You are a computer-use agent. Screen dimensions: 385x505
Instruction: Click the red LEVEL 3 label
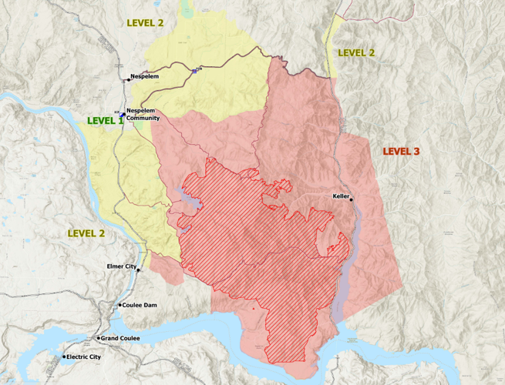401,152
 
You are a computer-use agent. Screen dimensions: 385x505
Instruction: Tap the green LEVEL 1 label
105,121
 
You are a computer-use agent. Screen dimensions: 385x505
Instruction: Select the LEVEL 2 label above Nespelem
145,23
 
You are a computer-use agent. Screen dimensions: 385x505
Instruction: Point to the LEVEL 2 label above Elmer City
86,233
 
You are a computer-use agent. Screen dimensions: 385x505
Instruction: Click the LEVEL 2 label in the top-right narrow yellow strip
356,52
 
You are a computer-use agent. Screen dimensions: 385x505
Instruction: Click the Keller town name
342,196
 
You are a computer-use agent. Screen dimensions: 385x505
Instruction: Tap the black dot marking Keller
352,199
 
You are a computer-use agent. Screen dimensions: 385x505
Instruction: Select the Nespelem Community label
143,115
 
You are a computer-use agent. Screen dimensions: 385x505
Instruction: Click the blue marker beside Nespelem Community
122,114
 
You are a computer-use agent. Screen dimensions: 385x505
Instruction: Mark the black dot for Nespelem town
128,79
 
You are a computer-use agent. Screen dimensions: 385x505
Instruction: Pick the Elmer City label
120,266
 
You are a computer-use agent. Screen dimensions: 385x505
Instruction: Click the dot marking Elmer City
139,270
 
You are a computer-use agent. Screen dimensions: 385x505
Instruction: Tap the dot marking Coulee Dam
120,306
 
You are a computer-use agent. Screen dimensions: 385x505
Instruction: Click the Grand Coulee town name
120,339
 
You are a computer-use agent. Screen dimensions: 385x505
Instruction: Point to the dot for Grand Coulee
98,339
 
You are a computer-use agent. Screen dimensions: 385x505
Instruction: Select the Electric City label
84,357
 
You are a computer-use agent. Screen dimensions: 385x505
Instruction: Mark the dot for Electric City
64,357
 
